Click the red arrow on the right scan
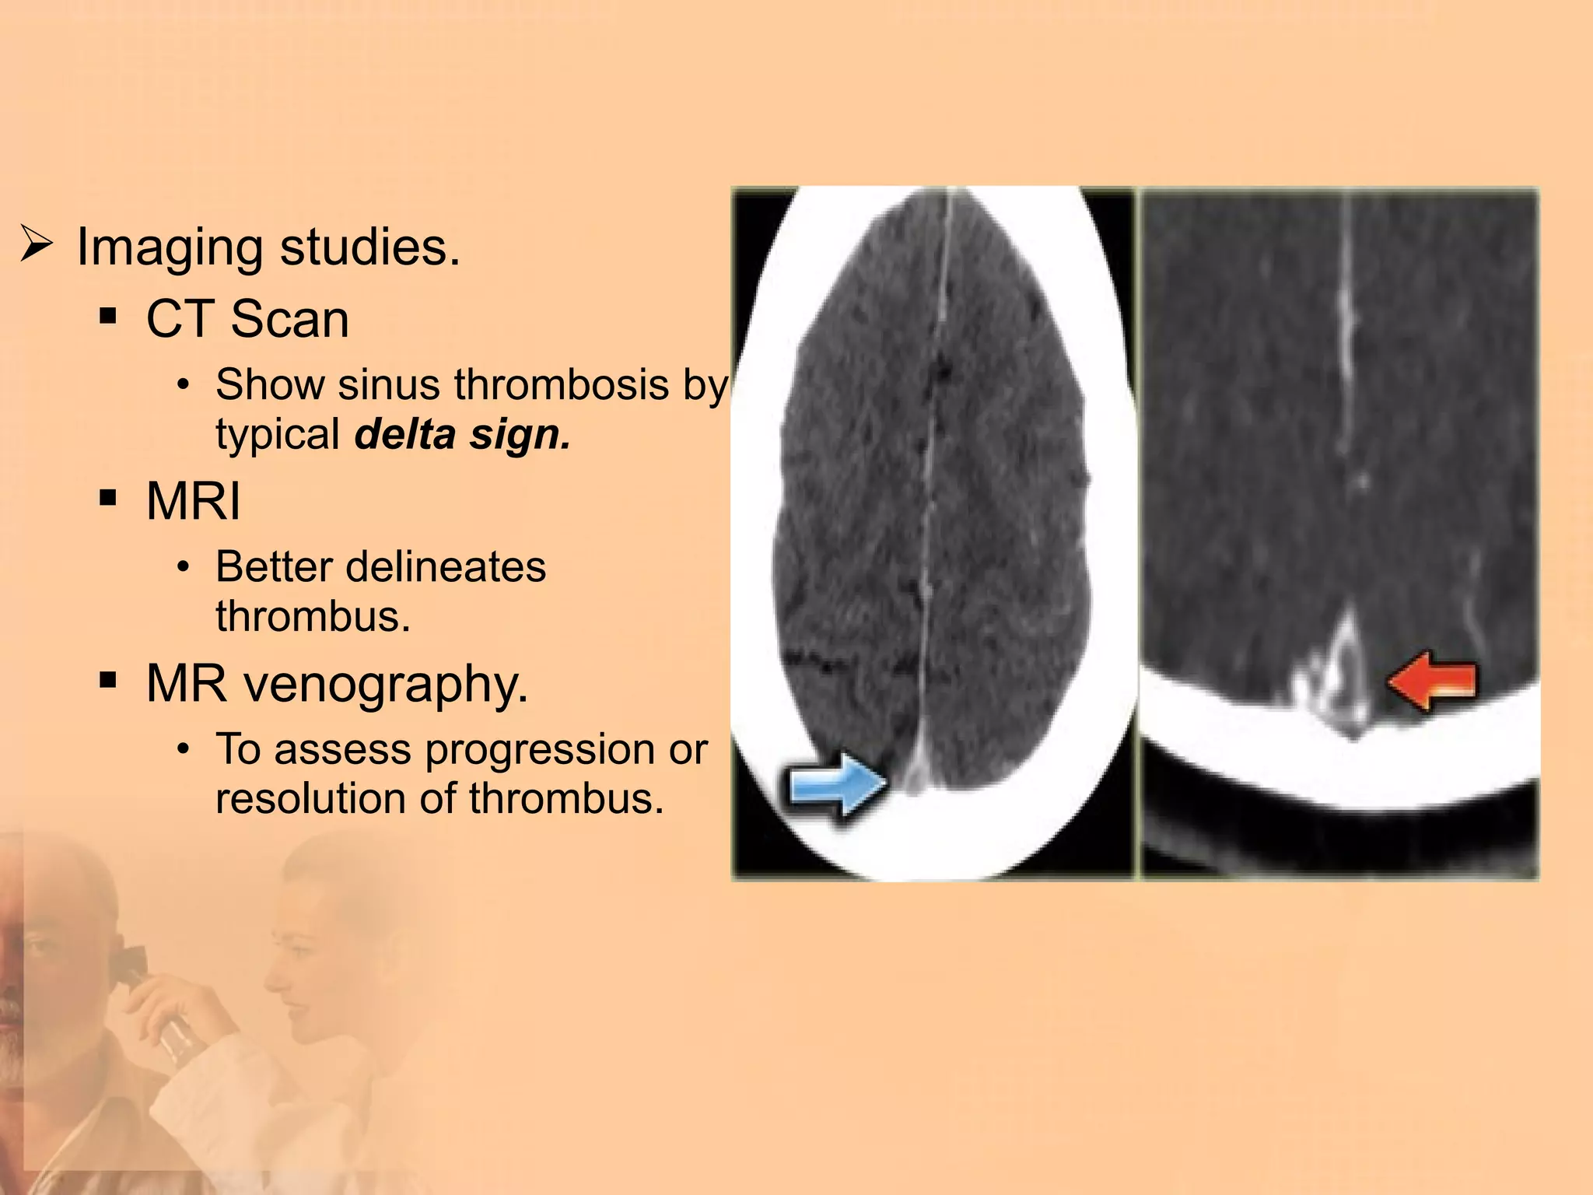tap(1432, 682)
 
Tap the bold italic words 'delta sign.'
tap(462, 434)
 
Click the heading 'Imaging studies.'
tap(268, 247)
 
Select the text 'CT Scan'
tap(247, 319)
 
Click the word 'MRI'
tap(193, 501)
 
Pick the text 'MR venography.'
tap(337, 684)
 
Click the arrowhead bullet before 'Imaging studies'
tap(36, 244)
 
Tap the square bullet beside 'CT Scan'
tap(108, 317)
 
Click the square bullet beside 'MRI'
tap(108, 498)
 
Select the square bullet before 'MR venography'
tap(108, 681)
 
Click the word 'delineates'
tap(446, 566)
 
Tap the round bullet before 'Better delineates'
tap(183, 567)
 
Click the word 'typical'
tap(278, 434)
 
